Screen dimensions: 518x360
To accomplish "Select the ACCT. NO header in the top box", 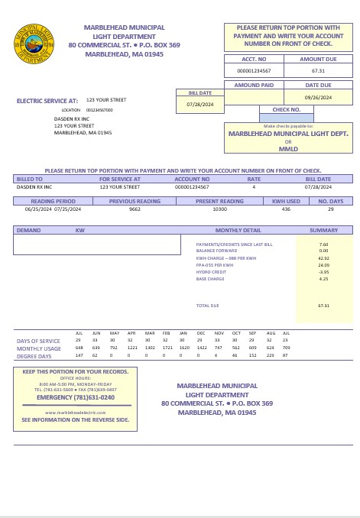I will coord(254,59).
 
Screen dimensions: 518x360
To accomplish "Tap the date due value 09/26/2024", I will coord(318,98).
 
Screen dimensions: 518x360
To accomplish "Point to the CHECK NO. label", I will coord(287,109).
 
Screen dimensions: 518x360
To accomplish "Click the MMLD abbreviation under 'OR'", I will coord(288,148).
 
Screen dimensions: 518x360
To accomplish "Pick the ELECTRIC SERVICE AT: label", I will coord(47,100).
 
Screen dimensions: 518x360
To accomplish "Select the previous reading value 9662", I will coord(135,209).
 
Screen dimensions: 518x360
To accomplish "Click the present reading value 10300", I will coord(219,209).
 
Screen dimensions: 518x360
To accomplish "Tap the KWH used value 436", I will coord(286,209).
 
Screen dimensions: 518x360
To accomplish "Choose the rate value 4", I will coord(254,186).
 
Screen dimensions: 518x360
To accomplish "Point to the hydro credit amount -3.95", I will coord(323,272).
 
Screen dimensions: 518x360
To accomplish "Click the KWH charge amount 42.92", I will coord(323,258).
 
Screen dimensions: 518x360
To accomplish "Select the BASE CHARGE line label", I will coord(210,279).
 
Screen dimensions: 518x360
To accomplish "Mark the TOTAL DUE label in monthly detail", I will coord(207,306).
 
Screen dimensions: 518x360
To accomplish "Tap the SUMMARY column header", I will coord(323,230).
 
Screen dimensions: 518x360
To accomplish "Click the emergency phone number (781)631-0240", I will coord(76,397).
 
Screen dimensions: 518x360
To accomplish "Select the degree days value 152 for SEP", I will coord(253,355).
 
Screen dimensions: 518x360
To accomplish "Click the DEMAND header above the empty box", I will coord(29,230).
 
